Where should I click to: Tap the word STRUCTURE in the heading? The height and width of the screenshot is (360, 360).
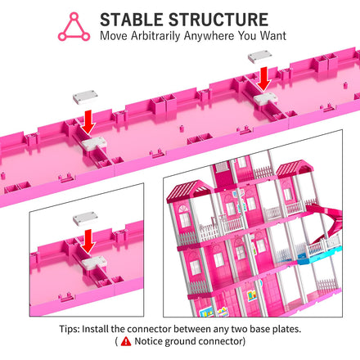[x=218, y=20]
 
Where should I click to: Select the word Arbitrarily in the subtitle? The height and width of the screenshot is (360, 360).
[x=155, y=36]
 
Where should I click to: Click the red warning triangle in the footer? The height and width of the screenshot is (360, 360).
[x=126, y=341]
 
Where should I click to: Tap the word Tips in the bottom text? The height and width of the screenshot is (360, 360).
[x=70, y=329]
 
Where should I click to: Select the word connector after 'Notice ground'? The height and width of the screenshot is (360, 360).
[x=220, y=341]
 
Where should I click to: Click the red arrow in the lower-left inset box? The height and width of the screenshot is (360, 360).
[x=88, y=241]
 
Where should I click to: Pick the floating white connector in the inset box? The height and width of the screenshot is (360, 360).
[x=85, y=218]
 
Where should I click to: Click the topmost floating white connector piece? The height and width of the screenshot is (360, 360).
[x=260, y=56]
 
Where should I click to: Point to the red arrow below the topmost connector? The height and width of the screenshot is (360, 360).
[x=263, y=79]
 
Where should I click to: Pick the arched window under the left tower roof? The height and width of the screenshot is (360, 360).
[x=183, y=216]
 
